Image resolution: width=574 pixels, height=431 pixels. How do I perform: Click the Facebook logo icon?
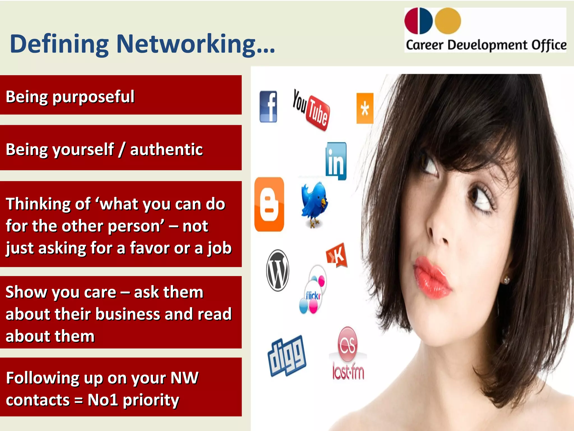coord(268,107)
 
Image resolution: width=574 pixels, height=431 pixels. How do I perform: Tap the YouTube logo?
coord(311,110)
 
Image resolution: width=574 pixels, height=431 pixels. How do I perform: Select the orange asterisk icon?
coord(365,108)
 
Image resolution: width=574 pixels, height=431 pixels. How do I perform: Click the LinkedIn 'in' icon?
coord(336,161)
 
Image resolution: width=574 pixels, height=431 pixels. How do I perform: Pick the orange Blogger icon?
coord(269,204)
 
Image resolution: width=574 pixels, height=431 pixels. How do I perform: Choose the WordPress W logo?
coord(277,270)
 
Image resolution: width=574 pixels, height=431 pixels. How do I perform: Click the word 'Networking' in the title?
coord(186,44)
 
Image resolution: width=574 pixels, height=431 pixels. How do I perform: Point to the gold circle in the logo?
coord(448,21)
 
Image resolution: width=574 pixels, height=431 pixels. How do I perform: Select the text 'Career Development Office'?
coord(486,45)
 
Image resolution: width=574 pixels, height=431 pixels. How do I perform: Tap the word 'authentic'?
coord(166,149)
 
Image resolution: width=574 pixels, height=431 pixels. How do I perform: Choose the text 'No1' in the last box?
coord(103,400)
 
